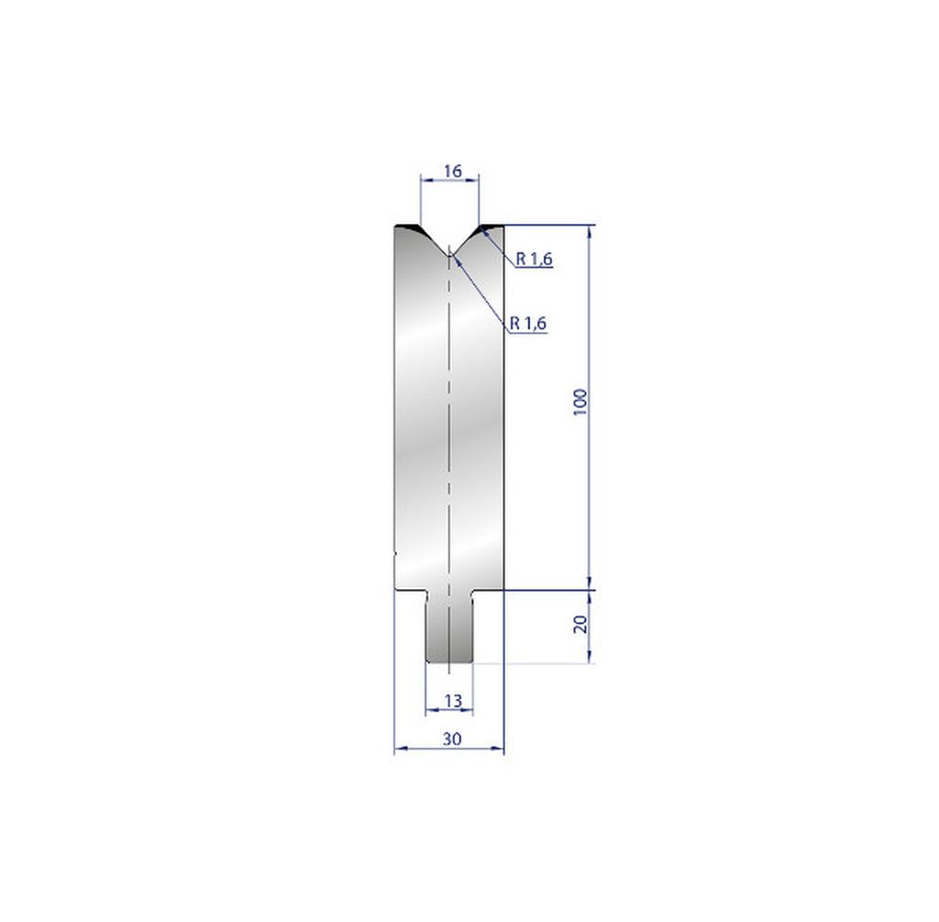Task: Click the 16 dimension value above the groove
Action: tap(450, 171)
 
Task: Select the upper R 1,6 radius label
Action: tap(533, 260)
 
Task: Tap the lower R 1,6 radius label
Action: tap(528, 322)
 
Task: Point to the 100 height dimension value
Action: tap(580, 402)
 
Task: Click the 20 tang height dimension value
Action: tap(580, 626)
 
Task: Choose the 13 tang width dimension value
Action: tap(450, 701)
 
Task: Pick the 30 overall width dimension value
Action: tap(450, 738)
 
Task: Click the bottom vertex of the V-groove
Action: tap(449, 255)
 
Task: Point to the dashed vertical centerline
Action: tap(449, 413)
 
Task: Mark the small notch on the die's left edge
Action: tap(394, 553)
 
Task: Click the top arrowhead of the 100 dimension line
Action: tap(590, 229)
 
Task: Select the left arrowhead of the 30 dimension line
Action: tap(398, 750)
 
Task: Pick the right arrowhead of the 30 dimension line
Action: tap(501, 750)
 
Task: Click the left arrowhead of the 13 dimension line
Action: tap(429, 710)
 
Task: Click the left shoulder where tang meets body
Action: tap(426, 591)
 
